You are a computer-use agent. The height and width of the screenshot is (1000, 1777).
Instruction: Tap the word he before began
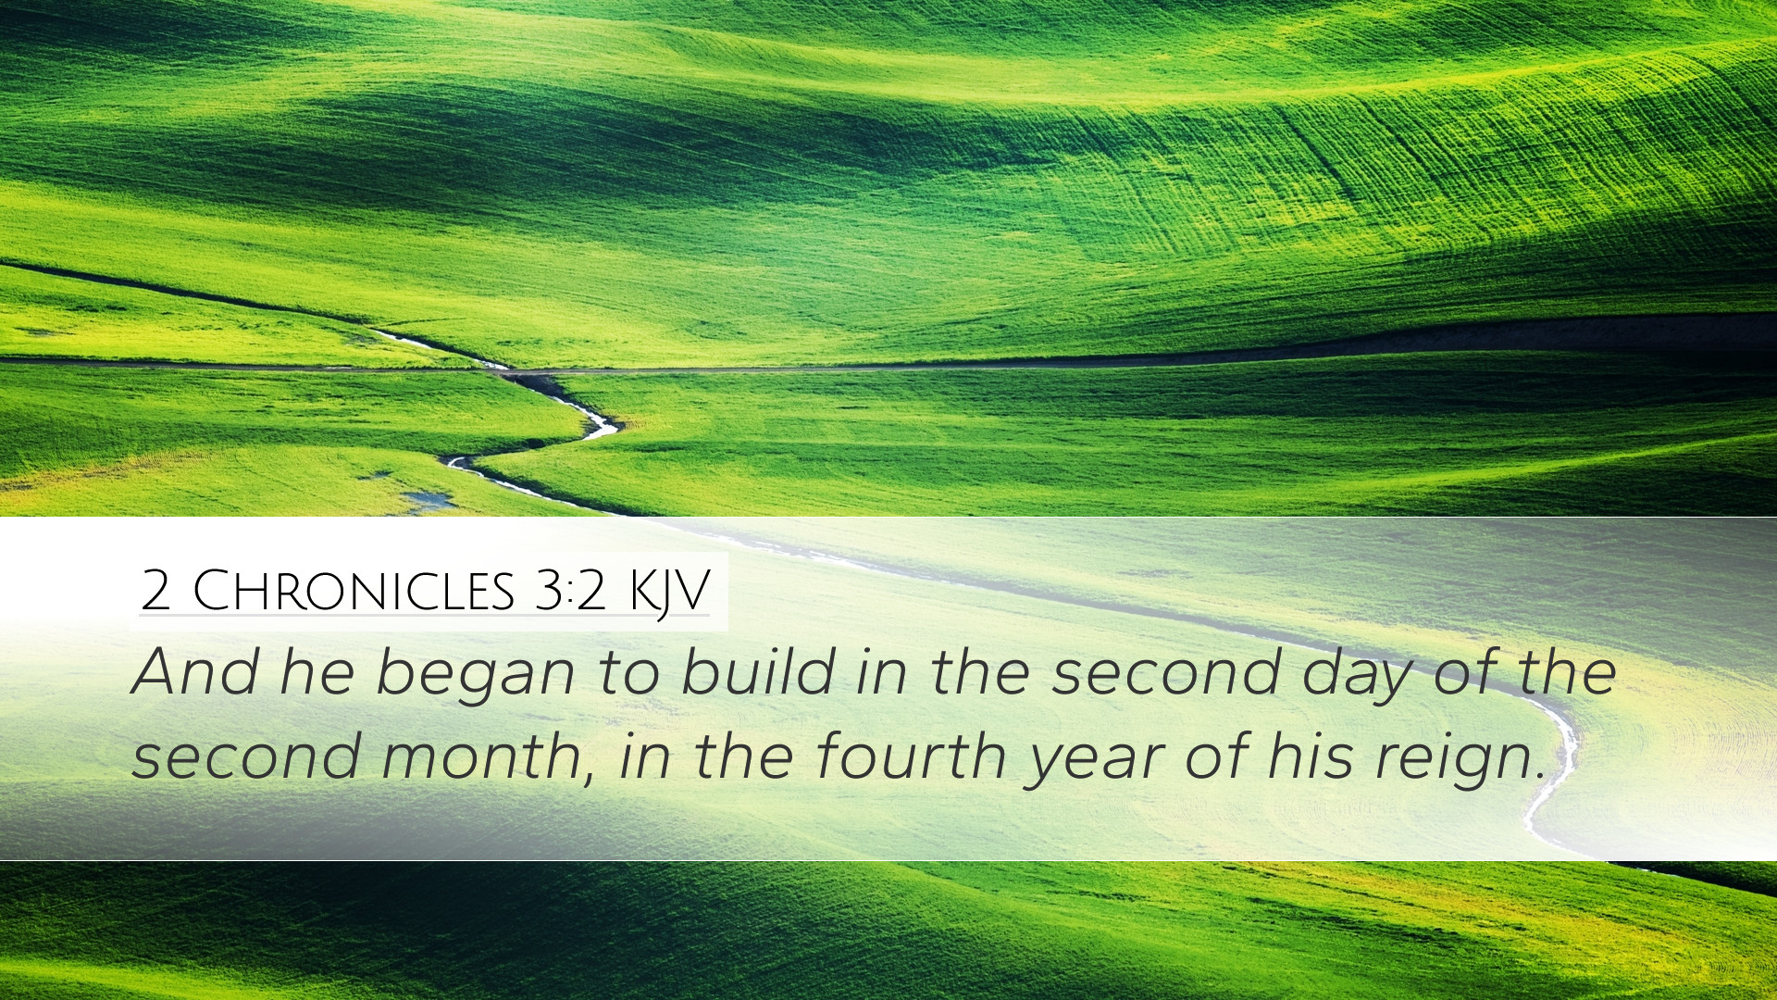(x=317, y=672)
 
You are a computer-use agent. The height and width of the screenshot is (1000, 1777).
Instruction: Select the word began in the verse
(x=475, y=679)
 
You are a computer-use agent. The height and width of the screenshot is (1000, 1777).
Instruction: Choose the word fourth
(x=911, y=756)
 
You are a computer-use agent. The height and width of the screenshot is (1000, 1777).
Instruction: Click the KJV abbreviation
(x=668, y=594)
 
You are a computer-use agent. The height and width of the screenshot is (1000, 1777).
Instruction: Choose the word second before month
(x=245, y=756)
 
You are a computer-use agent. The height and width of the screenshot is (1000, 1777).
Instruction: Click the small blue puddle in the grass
(x=428, y=501)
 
